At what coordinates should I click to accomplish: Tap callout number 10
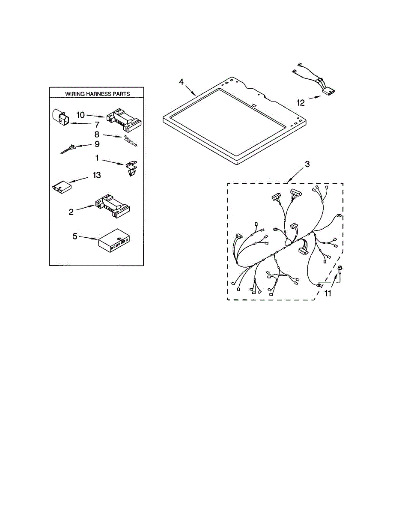80,115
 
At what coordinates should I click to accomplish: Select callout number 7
97,124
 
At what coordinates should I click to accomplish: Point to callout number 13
97,175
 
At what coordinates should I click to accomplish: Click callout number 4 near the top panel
181,82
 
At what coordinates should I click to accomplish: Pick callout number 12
301,103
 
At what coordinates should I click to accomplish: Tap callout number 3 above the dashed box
307,164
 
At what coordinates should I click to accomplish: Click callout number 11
328,293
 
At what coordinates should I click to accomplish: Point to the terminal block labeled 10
124,120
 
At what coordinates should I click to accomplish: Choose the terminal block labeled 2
113,206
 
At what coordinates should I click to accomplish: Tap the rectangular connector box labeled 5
114,241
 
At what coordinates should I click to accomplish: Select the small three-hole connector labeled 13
62,187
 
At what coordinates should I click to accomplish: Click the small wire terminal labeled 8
130,141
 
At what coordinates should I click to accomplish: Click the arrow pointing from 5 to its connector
88,238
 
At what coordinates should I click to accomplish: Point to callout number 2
71,212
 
